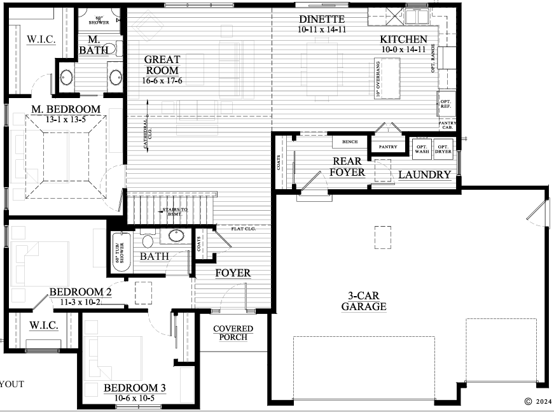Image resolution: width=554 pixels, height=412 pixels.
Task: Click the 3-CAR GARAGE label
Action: click(364, 301)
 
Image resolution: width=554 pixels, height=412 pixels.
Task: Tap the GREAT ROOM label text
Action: click(162, 64)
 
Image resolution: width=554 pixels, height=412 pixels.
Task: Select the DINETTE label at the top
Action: click(321, 20)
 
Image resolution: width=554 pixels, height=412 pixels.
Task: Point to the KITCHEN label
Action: click(404, 39)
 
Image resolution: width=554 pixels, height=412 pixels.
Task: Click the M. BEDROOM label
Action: click(66, 110)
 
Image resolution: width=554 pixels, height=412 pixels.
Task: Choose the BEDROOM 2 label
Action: click(81, 292)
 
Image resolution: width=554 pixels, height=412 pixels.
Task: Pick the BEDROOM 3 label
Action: click(135, 388)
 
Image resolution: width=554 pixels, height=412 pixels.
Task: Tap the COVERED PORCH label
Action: click(233, 332)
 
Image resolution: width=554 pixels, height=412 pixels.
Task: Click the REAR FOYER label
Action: click(349, 167)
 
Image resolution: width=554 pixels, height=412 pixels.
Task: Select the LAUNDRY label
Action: click(425, 174)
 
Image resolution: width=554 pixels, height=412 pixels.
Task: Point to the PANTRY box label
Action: click(387, 147)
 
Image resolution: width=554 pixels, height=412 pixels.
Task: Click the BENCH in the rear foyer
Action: click(349, 142)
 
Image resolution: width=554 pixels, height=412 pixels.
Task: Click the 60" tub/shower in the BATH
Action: click(119, 252)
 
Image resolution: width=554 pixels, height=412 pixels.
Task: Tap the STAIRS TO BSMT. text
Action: click(173, 212)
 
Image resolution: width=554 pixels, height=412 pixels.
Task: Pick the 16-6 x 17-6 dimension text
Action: click(162, 81)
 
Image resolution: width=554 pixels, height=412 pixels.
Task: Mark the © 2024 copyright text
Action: click(537, 402)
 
